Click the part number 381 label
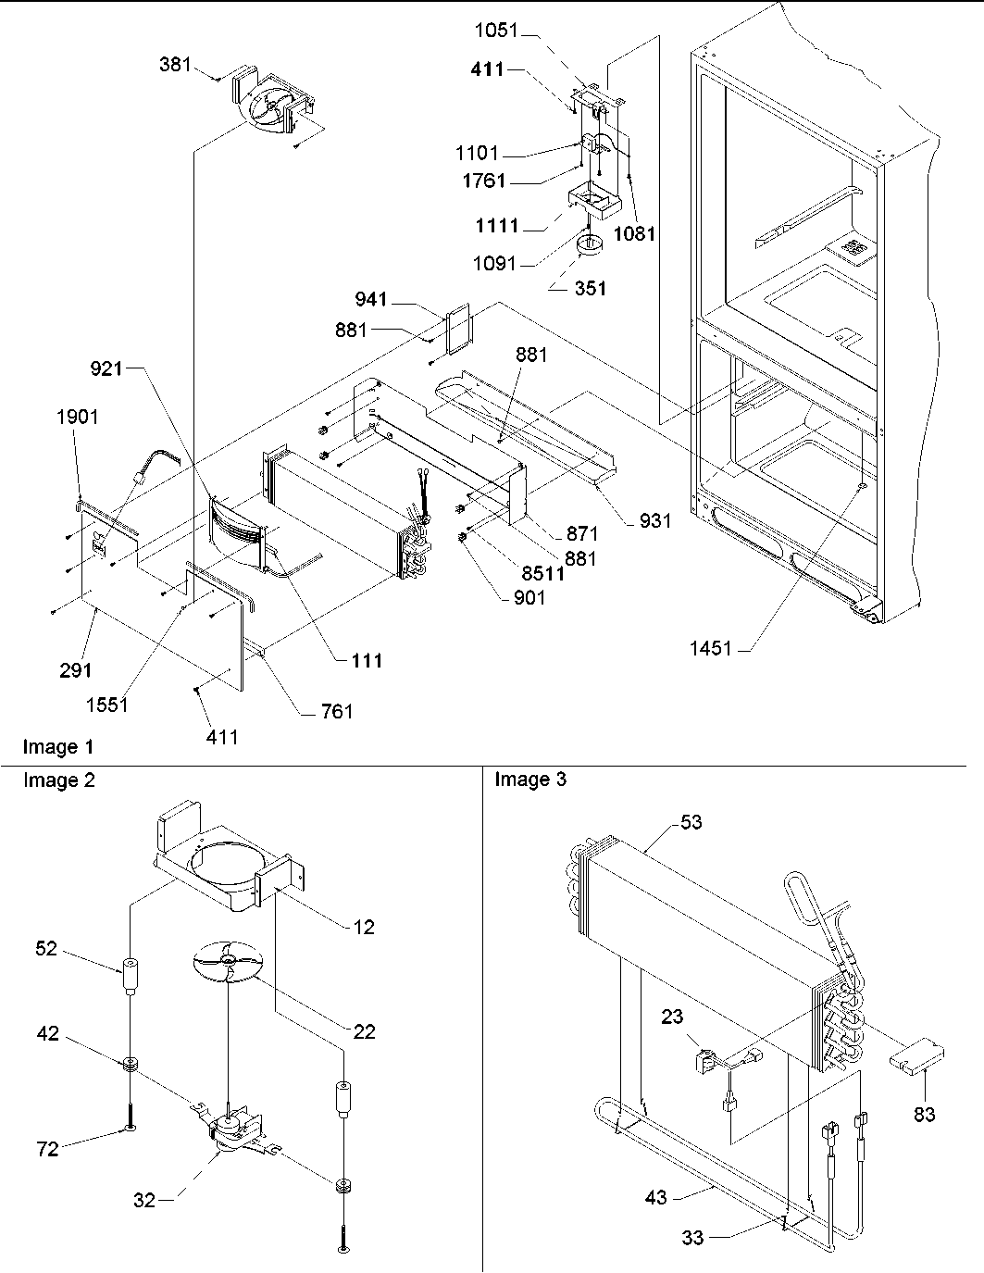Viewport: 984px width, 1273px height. [x=175, y=65]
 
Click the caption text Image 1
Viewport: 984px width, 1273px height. [x=58, y=746]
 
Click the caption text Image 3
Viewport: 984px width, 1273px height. [x=530, y=780]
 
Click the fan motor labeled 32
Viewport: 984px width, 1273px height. [x=227, y=1134]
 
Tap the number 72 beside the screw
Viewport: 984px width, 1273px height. [x=47, y=1149]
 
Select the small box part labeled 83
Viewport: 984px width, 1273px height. [x=917, y=1056]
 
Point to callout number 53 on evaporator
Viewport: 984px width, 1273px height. [x=691, y=822]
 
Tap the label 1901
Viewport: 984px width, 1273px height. [x=77, y=417]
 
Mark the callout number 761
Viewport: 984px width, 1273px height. [x=336, y=711]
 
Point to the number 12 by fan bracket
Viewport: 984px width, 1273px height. [x=365, y=927]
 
